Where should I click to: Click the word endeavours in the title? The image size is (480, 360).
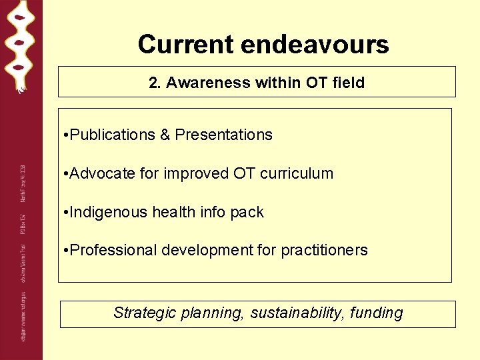pyautogui.click(x=315, y=45)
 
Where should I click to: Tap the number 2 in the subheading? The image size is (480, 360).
pyautogui.click(x=153, y=83)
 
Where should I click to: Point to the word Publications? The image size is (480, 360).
pyautogui.click(x=112, y=135)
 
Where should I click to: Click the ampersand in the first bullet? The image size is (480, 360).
pyautogui.click(x=165, y=135)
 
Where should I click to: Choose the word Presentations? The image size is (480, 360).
pyautogui.click(x=223, y=135)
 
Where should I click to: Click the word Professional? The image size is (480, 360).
pyautogui.click(x=111, y=251)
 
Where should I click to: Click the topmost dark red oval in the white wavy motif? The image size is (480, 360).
pyautogui.click(x=20, y=18)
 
